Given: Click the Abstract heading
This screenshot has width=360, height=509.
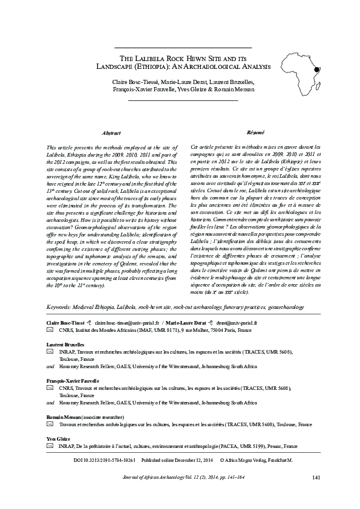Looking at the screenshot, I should [x=112, y=132].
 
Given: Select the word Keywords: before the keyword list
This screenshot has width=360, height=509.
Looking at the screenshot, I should [x=60, y=308].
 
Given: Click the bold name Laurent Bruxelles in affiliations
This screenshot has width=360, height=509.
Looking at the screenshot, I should [x=65, y=343].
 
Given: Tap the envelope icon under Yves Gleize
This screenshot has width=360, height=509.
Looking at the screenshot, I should [x=50, y=446].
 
